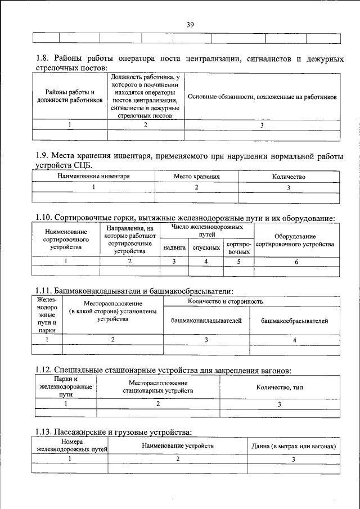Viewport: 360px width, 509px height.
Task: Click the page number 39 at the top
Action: [190, 24]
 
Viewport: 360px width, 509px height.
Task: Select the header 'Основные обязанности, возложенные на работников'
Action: [262, 97]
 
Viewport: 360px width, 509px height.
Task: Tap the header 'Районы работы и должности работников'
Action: [70, 96]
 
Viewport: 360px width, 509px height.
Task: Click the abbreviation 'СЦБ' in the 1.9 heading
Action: [82, 165]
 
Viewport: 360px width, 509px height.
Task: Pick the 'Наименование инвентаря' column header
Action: [94, 177]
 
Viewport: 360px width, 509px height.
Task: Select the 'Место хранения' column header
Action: [196, 177]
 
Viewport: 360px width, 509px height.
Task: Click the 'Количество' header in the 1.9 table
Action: [289, 177]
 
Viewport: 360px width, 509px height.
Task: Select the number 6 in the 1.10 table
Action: [296, 262]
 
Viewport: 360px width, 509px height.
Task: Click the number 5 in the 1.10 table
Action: [238, 262]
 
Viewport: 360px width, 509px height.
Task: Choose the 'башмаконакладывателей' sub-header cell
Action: [206, 321]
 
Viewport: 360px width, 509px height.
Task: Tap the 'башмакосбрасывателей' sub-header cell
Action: [295, 321]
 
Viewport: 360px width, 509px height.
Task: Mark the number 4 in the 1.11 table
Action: [295, 340]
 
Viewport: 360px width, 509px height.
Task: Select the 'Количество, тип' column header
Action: [280, 387]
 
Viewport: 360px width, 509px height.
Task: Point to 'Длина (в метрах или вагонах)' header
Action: [294, 446]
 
